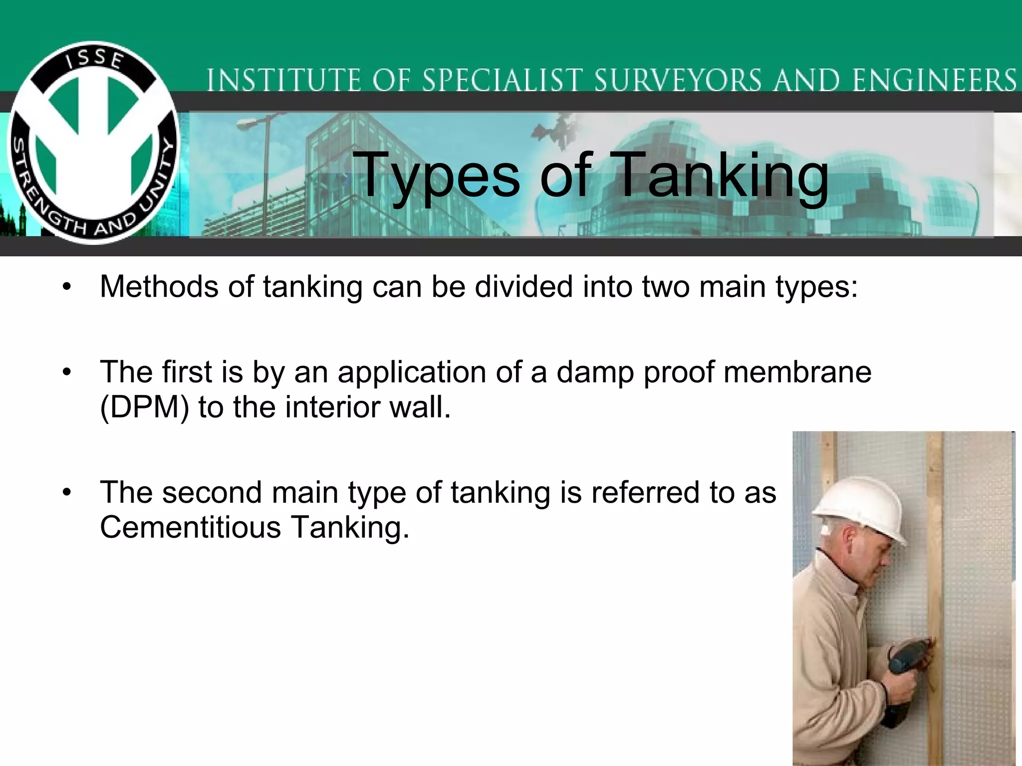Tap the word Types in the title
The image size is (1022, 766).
[439, 176]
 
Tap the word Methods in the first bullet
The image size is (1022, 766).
[159, 287]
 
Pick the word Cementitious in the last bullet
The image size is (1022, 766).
[191, 528]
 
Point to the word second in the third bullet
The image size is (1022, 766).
[212, 493]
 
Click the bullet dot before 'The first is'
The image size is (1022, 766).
[67, 373]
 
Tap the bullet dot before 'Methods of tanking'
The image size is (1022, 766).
[67, 288]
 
